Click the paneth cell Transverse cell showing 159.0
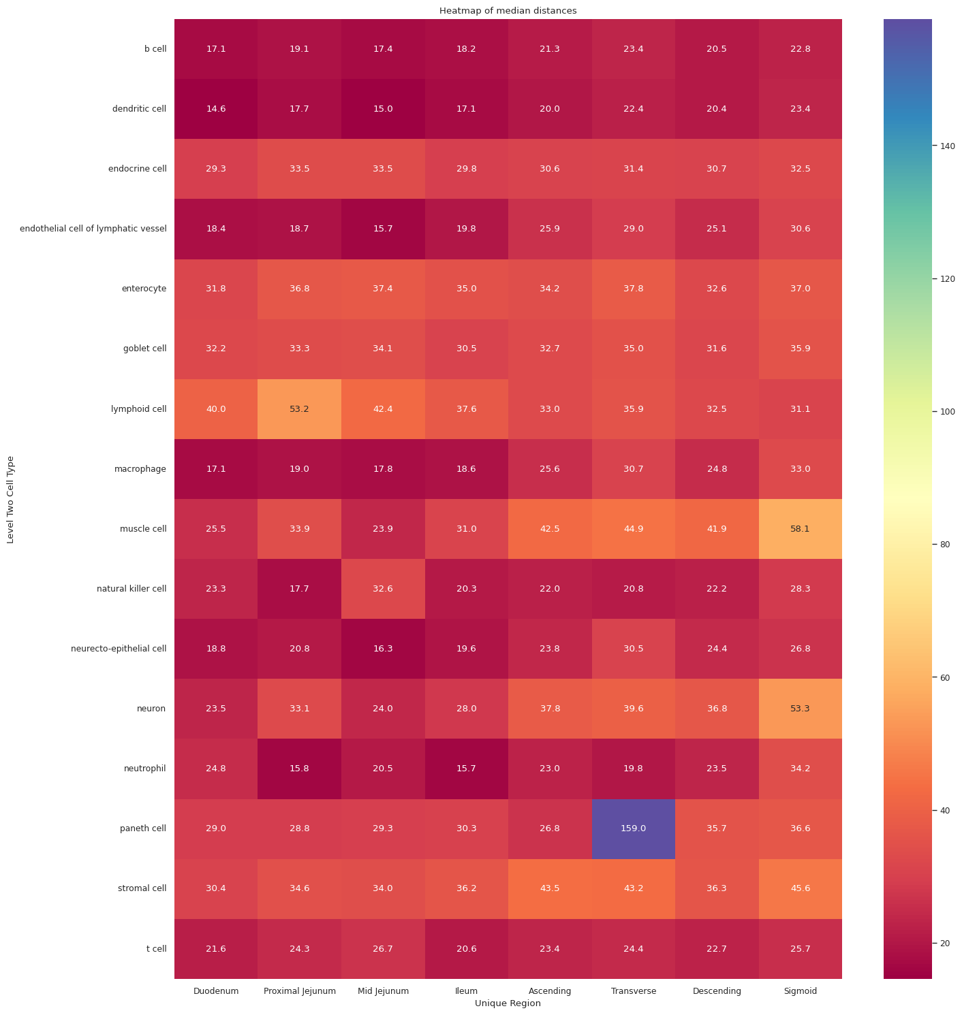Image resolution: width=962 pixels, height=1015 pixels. pyautogui.click(x=634, y=828)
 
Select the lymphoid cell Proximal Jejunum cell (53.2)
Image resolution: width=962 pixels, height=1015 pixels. pyautogui.click(x=300, y=409)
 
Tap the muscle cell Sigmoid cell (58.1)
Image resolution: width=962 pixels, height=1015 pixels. pyautogui.click(x=801, y=529)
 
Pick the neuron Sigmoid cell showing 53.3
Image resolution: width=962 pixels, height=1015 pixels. pyautogui.click(x=801, y=709)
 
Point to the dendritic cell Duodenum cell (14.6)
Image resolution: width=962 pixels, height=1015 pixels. pyautogui.click(x=216, y=109)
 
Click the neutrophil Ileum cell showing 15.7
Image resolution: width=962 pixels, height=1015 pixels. pyautogui.click(x=467, y=769)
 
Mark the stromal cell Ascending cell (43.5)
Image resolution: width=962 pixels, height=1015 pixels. pyautogui.click(x=550, y=888)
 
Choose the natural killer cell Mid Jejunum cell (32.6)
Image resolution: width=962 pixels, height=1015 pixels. pyautogui.click(x=383, y=589)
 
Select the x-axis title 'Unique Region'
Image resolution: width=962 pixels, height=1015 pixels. pyautogui.click(x=508, y=1003)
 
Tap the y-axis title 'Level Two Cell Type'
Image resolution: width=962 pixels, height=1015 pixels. pyautogui.click(x=10, y=500)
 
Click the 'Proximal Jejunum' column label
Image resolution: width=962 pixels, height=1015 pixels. pyautogui.click(x=300, y=991)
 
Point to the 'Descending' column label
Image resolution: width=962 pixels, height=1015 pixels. pyautogui.click(x=717, y=991)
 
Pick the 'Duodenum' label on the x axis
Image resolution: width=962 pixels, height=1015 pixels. pyautogui.click(x=216, y=991)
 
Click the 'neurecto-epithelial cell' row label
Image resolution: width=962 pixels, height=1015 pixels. pyautogui.click(x=119, y=649)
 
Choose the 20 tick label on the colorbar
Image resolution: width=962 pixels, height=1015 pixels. pyautogui.click(x=946, y=943)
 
